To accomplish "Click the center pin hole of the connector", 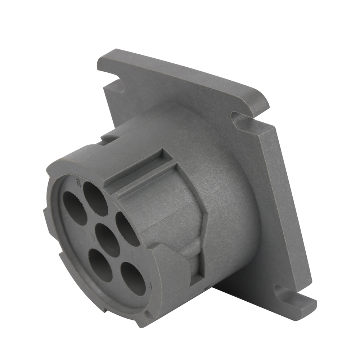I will (x=108, y=240).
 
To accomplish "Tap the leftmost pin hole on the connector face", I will (x=75, y=208).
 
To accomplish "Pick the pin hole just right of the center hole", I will (x=128, y=229).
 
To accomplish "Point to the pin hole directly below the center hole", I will (x=100, y=265).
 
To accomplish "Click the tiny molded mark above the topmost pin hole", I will (x=77, y=183).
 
